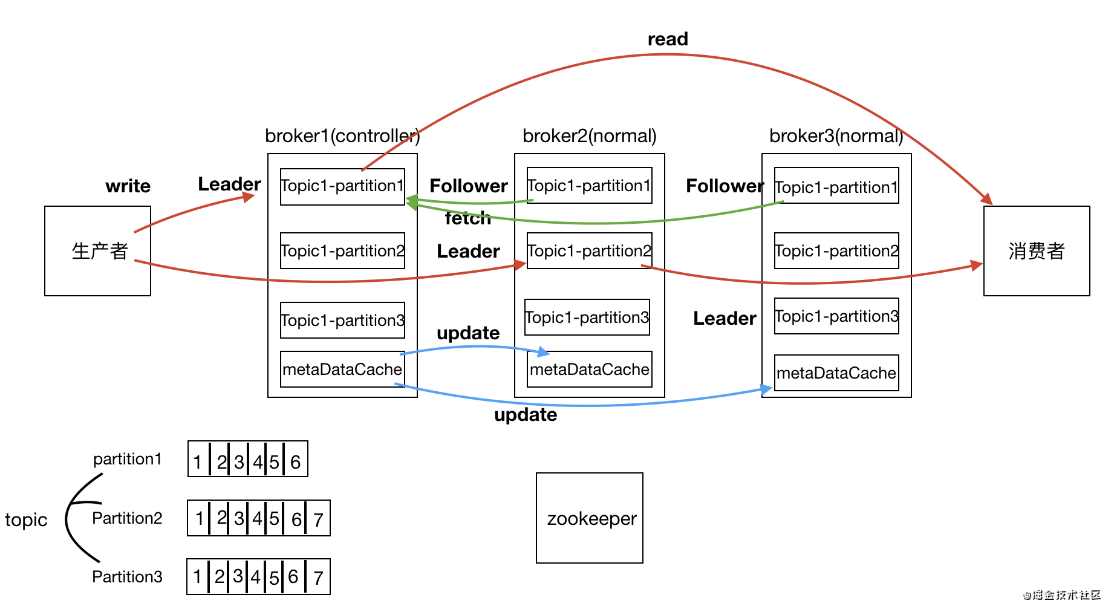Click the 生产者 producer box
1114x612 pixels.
(x=97, y=250)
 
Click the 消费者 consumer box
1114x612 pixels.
(x=1036, y=250)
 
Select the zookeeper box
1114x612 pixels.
(x=589, y=518)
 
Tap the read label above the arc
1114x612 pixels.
(x=668, y=39)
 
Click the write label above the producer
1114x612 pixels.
(x=128, y=186)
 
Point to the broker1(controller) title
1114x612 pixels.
(x=342, y=135)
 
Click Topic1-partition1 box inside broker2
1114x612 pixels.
(x=589, y=185)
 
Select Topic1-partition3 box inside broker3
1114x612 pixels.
(x=836, y=316)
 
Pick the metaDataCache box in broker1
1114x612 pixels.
(x=342, y=369)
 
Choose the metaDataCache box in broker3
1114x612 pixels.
(x=836, y=373)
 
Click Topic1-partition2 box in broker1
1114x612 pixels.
(x=342, y=250)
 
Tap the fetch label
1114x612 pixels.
(x=468, y=218)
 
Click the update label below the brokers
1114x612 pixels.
(x=526, y=415)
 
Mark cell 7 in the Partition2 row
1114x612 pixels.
(x=319, y=519)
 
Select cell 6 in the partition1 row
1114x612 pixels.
(x=296, y=462)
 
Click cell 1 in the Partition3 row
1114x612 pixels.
(x=197, y=577)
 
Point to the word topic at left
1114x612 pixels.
(x=26, y=519)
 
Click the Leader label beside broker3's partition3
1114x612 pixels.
(x=725, y=318)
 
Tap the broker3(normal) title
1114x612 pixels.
(x=836, y=135)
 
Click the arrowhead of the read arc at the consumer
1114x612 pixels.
(x=987, y=199)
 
